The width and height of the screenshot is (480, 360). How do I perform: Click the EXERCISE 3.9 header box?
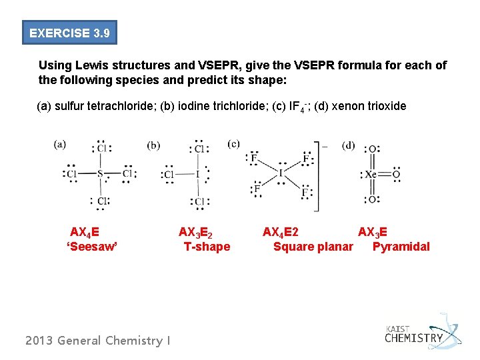point(69,33)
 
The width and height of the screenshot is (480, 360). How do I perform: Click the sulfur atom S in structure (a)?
point(101,175)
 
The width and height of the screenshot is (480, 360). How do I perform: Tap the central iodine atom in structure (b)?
point(198,175)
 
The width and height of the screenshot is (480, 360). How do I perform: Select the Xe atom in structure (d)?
point(371,175)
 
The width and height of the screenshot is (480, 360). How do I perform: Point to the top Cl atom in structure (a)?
point(102,149)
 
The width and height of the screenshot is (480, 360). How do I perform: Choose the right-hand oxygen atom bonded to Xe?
point(396,175)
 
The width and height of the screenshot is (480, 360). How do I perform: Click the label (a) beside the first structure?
point(60,143)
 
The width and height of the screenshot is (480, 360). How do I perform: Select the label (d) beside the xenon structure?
point(349,145)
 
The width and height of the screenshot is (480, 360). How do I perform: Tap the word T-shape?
point(207,247)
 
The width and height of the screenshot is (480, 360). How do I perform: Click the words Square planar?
point(313,247)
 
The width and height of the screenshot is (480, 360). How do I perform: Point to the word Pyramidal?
point(401,247)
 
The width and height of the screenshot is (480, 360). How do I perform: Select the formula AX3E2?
point(195,232)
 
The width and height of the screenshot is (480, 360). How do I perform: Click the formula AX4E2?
point(281,232)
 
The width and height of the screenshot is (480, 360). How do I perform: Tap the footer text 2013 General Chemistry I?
point(97,341)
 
